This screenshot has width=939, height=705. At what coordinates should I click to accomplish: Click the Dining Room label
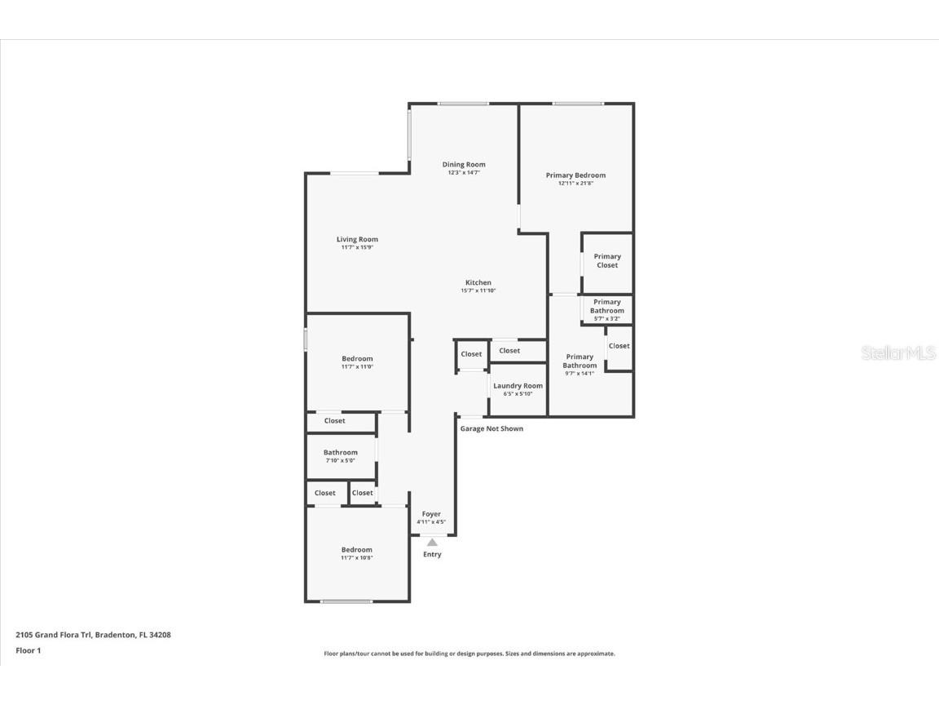[464, 165]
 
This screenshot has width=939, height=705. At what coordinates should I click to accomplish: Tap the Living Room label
[357, 240]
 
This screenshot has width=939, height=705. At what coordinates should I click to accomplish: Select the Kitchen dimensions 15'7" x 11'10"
[478, 290]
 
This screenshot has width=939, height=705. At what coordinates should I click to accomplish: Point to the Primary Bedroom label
[575, 175]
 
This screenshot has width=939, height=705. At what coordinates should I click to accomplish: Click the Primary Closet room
[607, 261]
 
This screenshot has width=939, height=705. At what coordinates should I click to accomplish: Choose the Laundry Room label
[518, 386]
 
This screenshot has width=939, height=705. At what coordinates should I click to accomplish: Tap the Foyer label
[431, 514]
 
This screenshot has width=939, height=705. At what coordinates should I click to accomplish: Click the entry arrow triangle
[432, 542]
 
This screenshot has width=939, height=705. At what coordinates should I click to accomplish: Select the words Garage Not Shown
[492, 428]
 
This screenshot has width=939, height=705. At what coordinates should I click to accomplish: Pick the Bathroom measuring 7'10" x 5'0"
[340, 456]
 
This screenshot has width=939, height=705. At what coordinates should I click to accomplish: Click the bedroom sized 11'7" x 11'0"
[357, 362]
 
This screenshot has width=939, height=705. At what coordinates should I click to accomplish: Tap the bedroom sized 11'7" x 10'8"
[357, 553]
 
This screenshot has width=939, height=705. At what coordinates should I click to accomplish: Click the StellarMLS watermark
[899, 353]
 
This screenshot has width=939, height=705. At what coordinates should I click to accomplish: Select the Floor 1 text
[28, 650]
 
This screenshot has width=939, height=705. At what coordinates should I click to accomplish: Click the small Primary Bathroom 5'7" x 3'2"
[607, 310]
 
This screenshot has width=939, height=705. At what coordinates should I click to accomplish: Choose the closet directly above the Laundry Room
[509, 351]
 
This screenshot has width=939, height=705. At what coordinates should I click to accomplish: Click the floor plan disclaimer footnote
[469, 654]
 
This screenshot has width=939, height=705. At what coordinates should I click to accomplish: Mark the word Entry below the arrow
[432, 555]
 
